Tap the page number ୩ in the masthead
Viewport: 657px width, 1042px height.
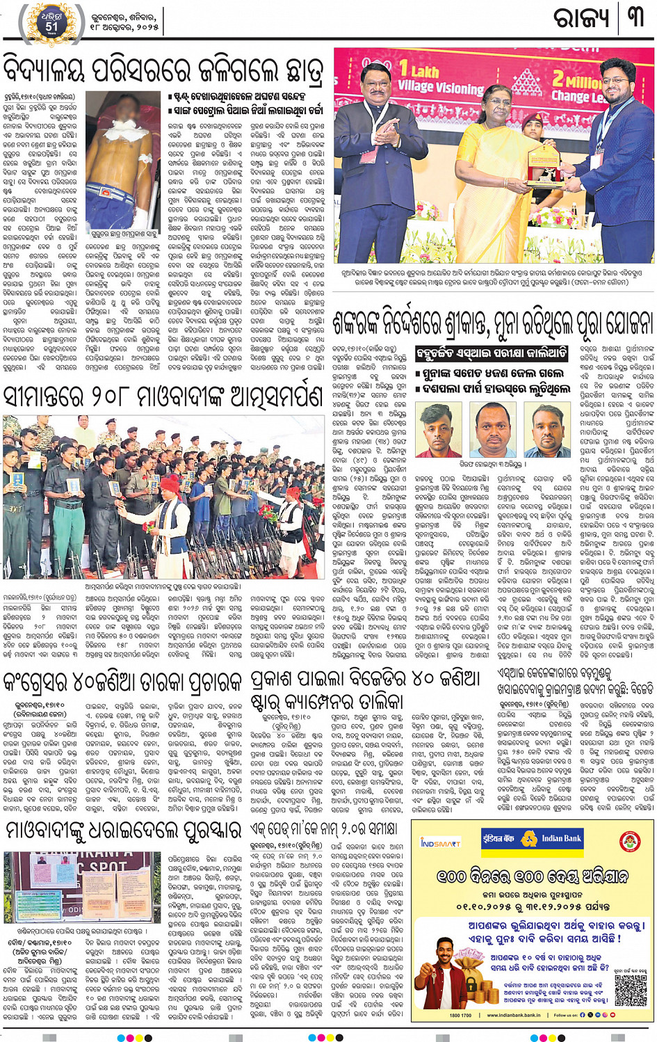tap(636, 17)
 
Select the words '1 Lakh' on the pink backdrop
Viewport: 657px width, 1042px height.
tap(419, 71)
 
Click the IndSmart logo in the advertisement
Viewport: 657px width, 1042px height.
tap(440, 842)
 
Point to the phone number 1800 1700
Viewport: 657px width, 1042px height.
tap(460, 1015)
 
